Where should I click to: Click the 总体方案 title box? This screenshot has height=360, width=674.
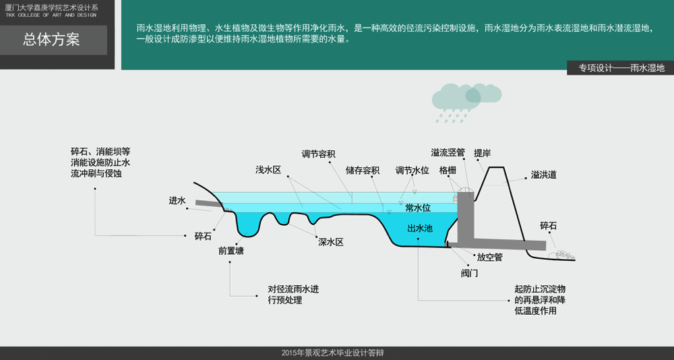pos(53,40)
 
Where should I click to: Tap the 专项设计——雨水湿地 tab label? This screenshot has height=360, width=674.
pos(621,68)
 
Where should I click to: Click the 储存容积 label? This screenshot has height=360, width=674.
pos(363,170)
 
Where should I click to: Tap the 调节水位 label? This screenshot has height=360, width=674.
pos(412,170)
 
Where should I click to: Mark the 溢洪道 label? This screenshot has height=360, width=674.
pos(543,175)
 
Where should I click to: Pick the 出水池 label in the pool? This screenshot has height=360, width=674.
pos(420,229)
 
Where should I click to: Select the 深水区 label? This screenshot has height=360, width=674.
pos(331,242)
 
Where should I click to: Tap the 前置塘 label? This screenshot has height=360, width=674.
pos(231,251)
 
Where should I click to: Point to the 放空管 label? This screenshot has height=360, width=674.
pos(489,257)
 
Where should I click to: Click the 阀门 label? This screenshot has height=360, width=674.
pos(470,273)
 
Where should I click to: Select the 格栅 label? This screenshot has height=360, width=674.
pos(448,171)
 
